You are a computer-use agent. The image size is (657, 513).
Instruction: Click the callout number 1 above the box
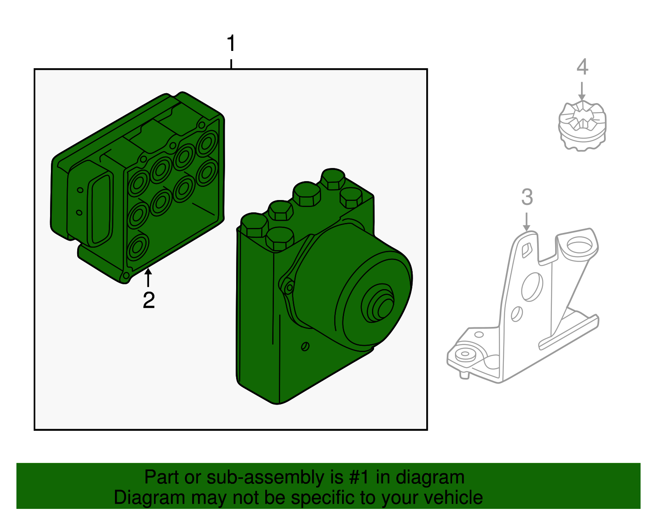pos(231,44)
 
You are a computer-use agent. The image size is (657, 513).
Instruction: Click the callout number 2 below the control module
pos(149,300)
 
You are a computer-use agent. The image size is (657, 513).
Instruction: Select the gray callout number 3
pos(527,197)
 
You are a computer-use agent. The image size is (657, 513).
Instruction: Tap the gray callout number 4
pos(582,67)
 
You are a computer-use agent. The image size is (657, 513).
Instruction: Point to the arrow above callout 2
pos(148,276)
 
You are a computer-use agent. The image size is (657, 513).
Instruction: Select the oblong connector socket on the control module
pos(101,209)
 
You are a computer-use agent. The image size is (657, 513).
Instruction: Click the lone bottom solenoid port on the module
pos(137,247)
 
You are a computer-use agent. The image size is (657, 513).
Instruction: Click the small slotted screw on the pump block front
pos(305,346)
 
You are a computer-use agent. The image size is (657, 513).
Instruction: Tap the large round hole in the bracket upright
pos(532,287)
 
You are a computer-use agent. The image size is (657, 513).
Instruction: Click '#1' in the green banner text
pos(360,478)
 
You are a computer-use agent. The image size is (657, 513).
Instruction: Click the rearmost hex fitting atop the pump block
pos(333,178)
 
